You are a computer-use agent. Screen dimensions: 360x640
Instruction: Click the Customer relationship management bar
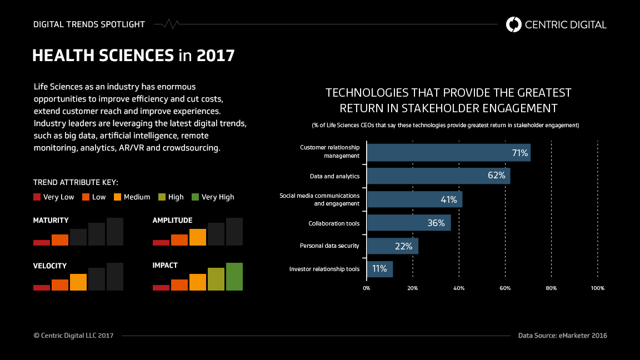tap(448, 153)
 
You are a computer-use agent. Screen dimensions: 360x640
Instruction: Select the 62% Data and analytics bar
tap(438, 176)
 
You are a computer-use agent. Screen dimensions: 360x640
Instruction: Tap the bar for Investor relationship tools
tap(380, 269)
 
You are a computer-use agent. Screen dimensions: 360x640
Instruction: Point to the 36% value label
tap(436, 223)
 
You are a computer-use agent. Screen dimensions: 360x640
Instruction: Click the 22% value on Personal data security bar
tap(404, 246)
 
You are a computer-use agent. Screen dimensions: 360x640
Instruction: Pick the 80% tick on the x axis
tap(551, 288)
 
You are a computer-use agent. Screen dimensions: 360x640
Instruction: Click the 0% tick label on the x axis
tap(367, 288)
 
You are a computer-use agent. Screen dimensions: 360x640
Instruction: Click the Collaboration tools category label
tap(334, 223)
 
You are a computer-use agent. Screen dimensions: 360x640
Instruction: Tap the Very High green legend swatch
tap(195, 197)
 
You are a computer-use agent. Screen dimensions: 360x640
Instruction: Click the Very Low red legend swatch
tap(37, 197)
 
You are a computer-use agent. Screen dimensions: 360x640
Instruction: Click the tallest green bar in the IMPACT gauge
tap(234, 277)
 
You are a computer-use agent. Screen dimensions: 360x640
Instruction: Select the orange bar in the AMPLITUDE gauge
tap(197, 237)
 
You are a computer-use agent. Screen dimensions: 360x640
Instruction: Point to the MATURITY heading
tap(51, 221)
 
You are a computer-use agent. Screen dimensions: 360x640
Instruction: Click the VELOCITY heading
tap(50, 266)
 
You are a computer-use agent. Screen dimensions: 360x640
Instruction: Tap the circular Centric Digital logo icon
tap(514, 24)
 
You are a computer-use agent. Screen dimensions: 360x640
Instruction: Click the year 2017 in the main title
tap(216, 56)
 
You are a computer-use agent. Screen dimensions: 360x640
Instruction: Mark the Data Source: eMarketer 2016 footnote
tap(562, 336)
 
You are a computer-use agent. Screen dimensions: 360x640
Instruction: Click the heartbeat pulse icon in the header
tap(166, 24)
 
